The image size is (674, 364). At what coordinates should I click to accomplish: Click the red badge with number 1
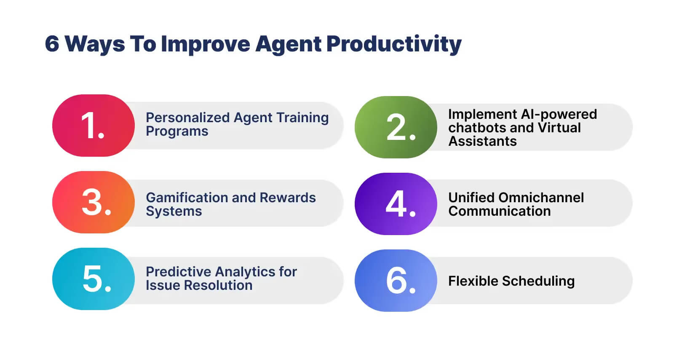pos(93,126)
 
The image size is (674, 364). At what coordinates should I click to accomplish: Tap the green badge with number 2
pos(396,127)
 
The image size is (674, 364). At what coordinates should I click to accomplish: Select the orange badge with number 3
pos(93,202)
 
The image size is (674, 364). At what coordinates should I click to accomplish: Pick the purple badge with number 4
pos(396,204)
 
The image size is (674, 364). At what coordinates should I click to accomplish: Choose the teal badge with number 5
pos(93,279)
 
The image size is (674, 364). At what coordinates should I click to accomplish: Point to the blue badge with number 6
pos(396,281)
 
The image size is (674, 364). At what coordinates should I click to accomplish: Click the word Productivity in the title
pos(394,44)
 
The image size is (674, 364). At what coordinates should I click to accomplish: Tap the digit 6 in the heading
pos(52,44)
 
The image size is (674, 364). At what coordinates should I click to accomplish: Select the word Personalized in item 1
pos(188,118)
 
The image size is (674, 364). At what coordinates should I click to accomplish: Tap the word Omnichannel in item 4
pos(541,198)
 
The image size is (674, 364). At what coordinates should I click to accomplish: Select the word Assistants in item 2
pos(482,141)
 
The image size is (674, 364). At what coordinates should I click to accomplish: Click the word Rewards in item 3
pos(288,198)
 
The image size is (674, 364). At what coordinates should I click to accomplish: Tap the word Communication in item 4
pos(499,211)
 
